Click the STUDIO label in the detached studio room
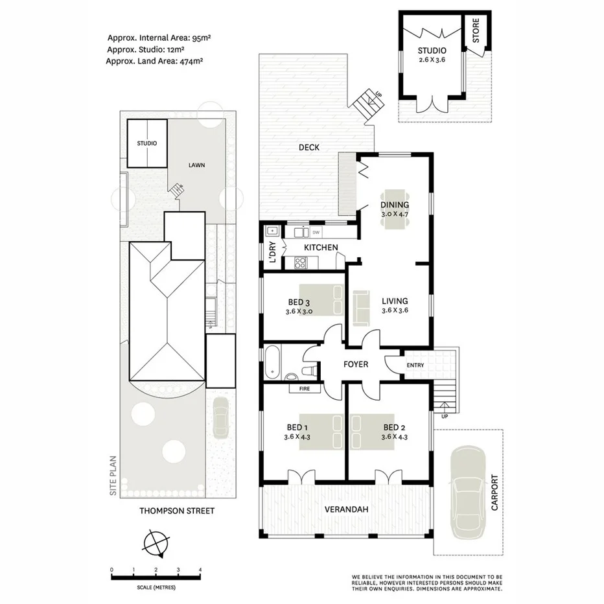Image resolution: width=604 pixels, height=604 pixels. pos(431,50)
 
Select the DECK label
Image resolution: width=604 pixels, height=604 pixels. pos(309,147)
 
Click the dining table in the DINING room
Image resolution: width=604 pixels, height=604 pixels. pos(395,209)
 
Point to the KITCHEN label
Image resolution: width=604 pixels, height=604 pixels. pos(321,248)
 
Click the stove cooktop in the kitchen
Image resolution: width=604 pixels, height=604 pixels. pos(301,262)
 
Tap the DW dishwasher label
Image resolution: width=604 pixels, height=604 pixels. pos(316,231)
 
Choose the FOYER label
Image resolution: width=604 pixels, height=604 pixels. pos(355,364)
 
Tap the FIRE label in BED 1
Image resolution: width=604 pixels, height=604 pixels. pos(303,389)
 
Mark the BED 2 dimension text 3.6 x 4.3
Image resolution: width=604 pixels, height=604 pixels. pos(395,437)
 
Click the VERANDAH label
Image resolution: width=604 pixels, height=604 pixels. pos(347,509)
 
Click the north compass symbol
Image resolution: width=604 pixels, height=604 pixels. pos(156,543)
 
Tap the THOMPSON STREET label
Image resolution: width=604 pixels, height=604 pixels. pos(176,511)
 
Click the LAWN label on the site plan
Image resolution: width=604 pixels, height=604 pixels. pos(196,165)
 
